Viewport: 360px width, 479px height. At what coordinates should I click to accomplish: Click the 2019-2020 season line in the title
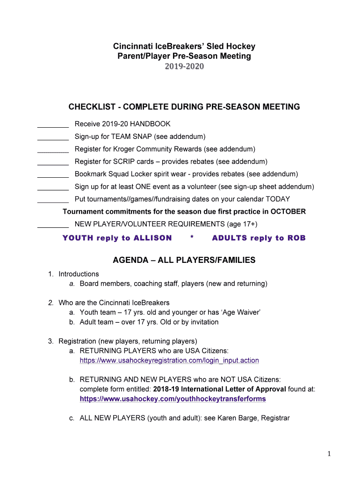(x=184, y=67)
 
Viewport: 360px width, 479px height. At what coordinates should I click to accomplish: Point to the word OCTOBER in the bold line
(x=288, y=211)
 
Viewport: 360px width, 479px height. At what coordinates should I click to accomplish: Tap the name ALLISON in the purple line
(x=152, y=238)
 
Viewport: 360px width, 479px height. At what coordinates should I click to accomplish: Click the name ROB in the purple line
(x=296, y=238)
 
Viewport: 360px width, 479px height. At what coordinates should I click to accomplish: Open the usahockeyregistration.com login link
(x=169, y=361)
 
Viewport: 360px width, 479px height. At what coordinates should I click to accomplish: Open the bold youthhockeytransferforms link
(x=173, y=399)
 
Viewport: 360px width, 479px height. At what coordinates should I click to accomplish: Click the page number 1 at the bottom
(x=330, y=454)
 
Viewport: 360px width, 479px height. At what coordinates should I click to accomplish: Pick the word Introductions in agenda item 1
(x=79, y=274)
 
